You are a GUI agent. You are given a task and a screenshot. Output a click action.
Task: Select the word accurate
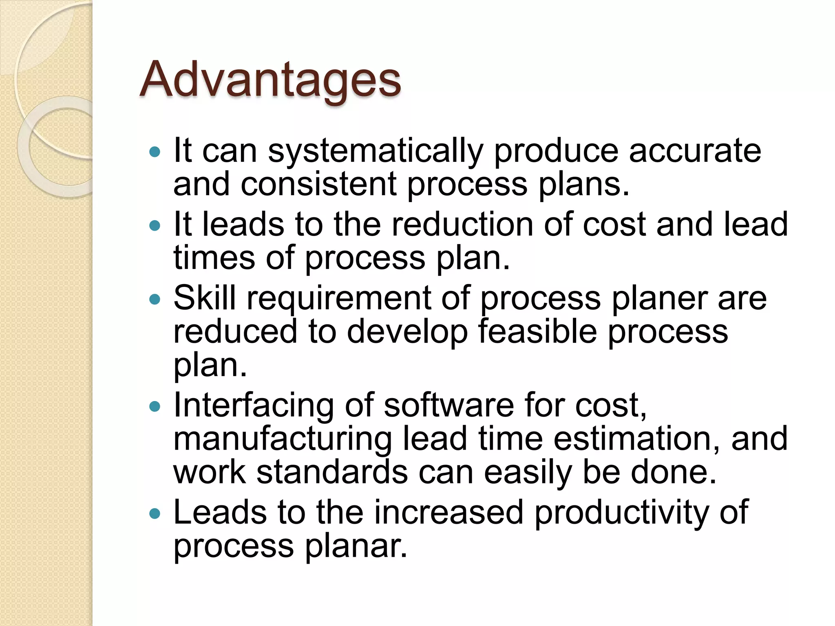point(695,151)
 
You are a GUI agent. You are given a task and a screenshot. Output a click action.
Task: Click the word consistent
point(318,184)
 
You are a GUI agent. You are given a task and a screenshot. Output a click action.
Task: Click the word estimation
point(636,439)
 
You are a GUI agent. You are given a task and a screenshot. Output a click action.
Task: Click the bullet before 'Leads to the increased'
point(155,513)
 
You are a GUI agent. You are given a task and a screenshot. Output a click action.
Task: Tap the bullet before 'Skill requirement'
point(155,300)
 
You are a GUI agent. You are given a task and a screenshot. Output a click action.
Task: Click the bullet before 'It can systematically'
point(155,152)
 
